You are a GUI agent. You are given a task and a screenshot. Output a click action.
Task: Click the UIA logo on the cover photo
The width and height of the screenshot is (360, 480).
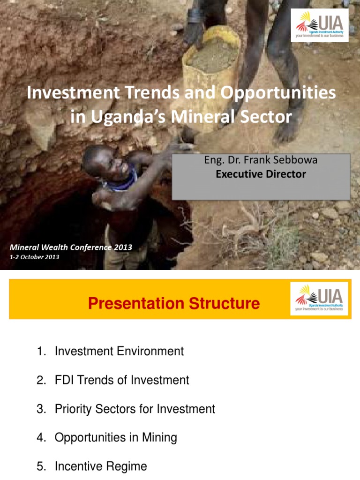pyautogui.click(x=320, y=25)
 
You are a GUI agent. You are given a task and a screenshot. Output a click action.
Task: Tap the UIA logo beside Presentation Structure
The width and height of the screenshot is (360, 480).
pyautogui.click(x=319, y=298)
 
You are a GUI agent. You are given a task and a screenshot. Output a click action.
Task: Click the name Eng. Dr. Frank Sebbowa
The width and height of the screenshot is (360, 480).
pyautogui.click(x=261, y=160)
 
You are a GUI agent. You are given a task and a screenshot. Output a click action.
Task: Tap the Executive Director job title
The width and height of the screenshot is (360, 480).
pyautogui.click(x=261, y=174)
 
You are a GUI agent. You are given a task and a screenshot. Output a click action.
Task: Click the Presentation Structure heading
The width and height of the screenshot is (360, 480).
pyautogui.click(x=173, y=303)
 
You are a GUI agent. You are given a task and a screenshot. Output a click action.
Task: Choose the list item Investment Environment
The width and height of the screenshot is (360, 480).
pyautogui.click(x=119, y=351)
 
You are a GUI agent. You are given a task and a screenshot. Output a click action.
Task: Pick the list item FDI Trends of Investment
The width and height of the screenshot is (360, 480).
pyautogui.click(x=122, y=380)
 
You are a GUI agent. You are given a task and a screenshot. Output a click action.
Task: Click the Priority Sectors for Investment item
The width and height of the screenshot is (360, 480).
pyautogui.click(x=135, y=409)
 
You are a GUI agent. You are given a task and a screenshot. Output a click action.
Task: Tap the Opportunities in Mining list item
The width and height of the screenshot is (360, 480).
pyautogui.click(x=116, y=438)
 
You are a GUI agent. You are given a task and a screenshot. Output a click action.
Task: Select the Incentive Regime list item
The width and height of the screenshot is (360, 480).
pyautogui.click(x=101, y=466)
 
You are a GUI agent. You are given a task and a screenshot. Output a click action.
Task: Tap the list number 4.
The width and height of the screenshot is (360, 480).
pyautogui.click(x=41, y=438)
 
